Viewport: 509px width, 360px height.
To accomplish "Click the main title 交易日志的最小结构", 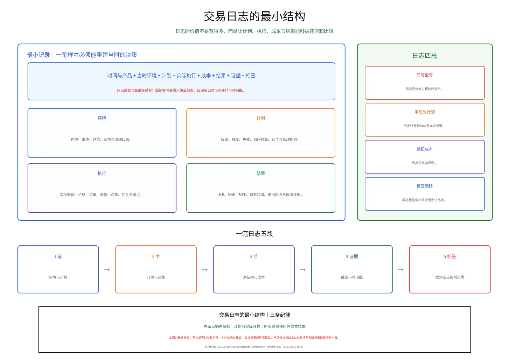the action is tap(254, 16).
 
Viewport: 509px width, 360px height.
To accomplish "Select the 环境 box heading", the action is tap(102, 118).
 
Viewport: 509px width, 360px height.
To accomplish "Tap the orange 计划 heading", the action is tap(261, 118).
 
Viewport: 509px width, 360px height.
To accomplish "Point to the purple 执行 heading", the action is tap(102, 173).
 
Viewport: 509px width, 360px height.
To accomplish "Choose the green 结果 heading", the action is tap(261, 173).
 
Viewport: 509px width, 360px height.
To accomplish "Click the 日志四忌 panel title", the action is tap(424, 55).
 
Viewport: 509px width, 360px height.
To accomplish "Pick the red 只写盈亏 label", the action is tap(424, 75).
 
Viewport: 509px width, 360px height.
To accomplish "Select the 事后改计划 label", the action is tap(424, 112).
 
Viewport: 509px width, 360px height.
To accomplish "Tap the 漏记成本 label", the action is tap(424, 149).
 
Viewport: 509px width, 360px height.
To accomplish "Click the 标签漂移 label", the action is tap(424, 186).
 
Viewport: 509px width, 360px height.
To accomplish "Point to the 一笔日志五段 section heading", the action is tap(254, 234).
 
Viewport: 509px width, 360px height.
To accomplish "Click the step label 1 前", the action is tap(58, 257).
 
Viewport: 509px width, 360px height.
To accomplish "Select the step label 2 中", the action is tap(156, 257).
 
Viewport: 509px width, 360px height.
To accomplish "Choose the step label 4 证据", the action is tap(352, 257).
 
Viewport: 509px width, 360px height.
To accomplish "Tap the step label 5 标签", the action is tap(450, 257).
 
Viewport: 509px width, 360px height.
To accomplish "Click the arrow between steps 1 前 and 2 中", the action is tap(107, 270).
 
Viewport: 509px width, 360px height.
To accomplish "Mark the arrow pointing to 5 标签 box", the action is tap(401, 270).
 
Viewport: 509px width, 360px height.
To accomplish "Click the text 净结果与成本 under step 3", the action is tap(254, 277).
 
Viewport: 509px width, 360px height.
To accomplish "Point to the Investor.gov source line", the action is tap(254, 347).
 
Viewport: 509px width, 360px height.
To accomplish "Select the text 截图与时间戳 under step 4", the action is tap(352, 277).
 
